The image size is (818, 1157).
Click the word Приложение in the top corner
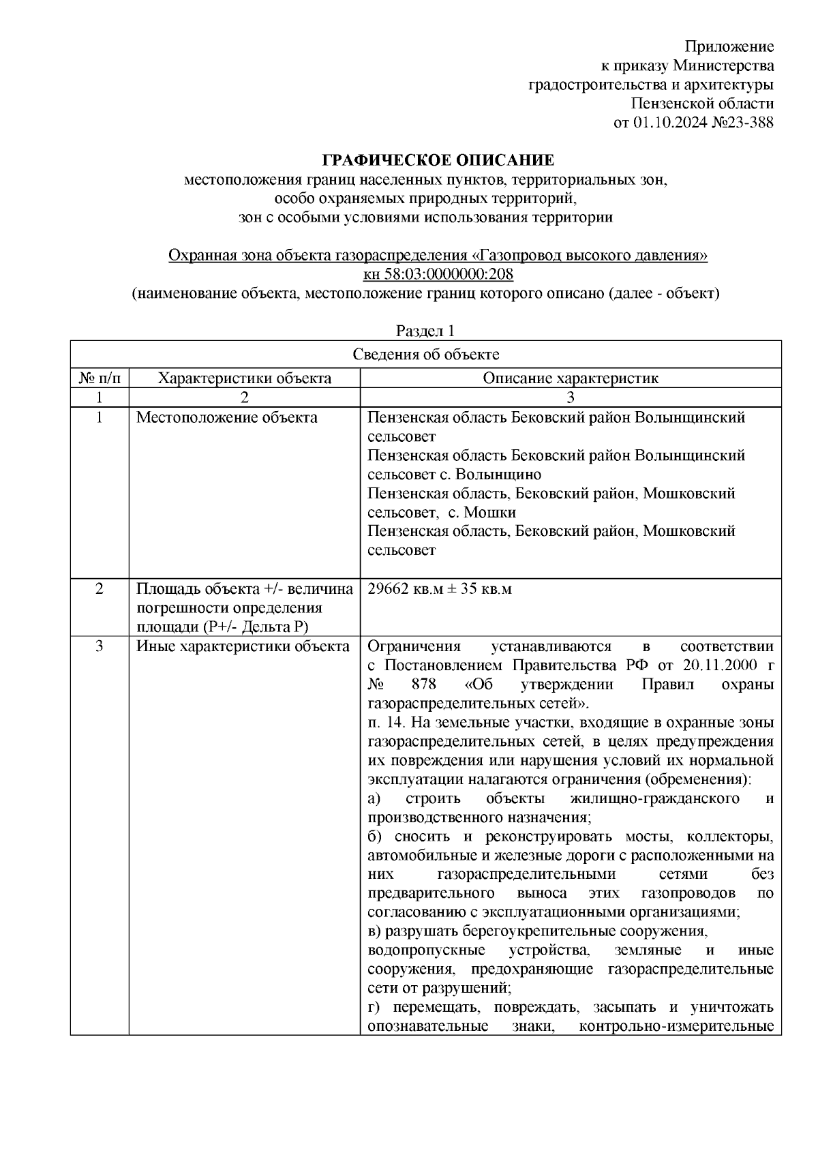(x=729, y=47)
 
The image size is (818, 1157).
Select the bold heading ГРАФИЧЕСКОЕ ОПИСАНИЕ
(x=438, y=161)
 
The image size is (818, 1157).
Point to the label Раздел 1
(x=425, y=331)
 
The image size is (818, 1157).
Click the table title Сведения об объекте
(x=426, y=355)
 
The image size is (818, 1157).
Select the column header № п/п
(x=100, y=378)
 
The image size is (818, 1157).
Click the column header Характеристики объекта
(x=245, y=378)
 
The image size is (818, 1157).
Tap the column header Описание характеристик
(x=571, y=378)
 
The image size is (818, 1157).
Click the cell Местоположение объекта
(x=227, y=417)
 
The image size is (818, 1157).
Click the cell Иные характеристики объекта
(x=243, y=646)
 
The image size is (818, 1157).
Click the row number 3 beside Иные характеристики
(x=100, y=646)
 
